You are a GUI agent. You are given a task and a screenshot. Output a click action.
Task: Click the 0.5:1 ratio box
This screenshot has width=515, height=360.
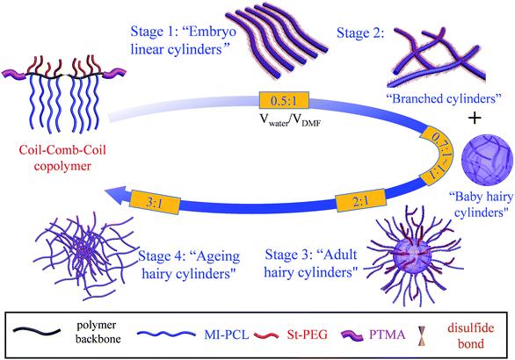click(284, 100)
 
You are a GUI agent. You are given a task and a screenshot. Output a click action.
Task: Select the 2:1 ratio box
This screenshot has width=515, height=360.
click(360, 200)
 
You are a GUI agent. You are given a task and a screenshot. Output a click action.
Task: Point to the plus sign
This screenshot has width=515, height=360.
click(475, 118)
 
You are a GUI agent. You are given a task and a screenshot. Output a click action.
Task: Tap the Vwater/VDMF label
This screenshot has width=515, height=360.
click(290, 120)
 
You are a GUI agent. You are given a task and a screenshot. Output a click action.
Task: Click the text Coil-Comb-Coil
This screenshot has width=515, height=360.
click(62, 150)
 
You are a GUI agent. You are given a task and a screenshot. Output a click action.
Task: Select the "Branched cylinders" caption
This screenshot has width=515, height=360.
click(444, 98)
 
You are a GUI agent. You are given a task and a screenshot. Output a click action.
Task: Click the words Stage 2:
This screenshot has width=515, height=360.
click(360, 33)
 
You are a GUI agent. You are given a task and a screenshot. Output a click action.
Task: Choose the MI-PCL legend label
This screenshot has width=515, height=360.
click(227, 335)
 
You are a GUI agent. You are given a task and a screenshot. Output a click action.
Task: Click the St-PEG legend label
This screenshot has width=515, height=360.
click(308, 335)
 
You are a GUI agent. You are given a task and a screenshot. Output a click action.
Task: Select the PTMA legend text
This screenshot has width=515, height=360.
click(388, 335)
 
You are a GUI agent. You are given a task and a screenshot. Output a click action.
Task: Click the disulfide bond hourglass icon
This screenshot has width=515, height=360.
click(421, 335)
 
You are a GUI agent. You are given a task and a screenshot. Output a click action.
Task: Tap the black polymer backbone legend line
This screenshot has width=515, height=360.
click(36, 331)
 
